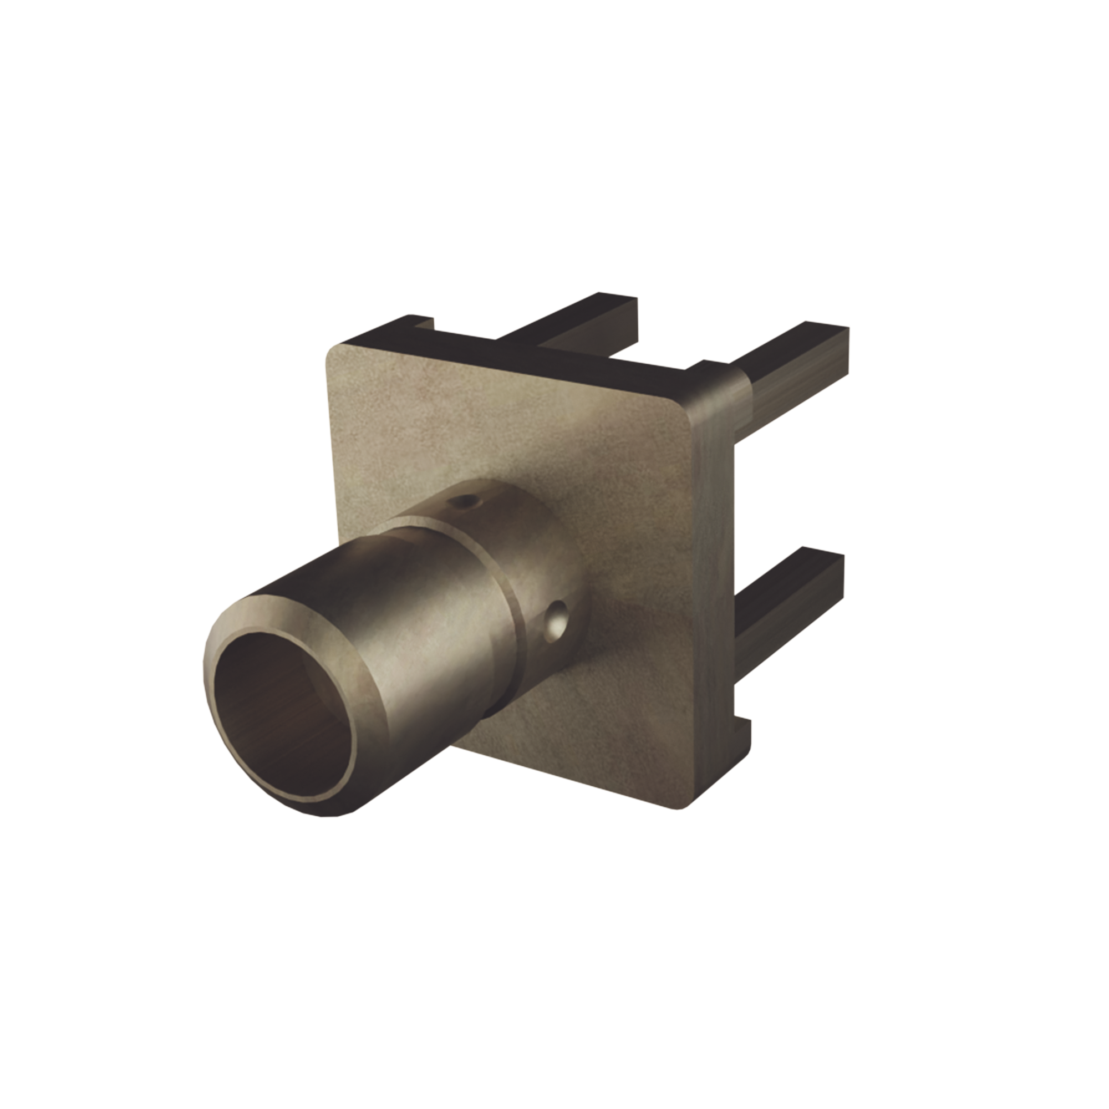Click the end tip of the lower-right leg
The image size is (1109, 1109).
[835, 566]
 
